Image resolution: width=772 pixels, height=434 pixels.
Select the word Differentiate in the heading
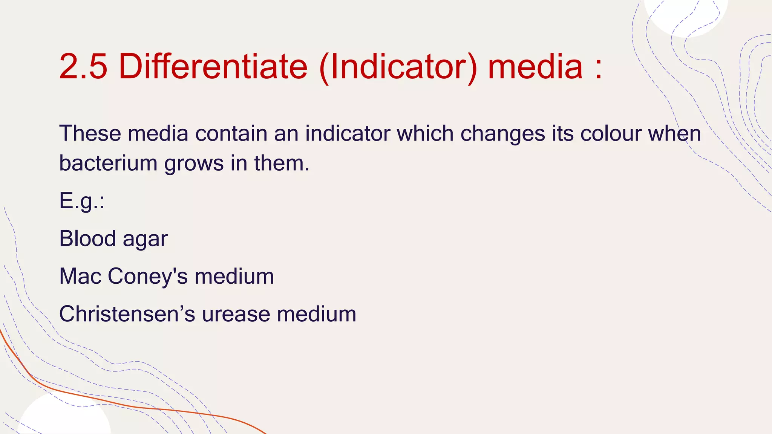pyautogui.click(x=213, y=67)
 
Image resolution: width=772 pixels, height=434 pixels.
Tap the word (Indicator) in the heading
pyautogui.click(x=398, y=67)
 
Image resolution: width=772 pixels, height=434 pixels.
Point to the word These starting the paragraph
pyautogui.click(x=90, y=133)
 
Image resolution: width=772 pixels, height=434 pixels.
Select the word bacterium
pyautogui.click(x=108, y=164)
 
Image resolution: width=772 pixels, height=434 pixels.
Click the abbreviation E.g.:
pyautogui.click(x=81, y=201)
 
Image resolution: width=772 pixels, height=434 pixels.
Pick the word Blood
pyautogui.click(x=87, y=238)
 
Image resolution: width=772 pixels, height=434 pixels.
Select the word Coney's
pyautogui.click(x=147, y=277)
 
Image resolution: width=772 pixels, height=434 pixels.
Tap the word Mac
pyautogui.click(x=80, y=276)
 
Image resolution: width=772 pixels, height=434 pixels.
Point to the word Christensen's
pyautogui.click(x=127, y=314)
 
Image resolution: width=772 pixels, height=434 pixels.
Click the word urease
pyautogui.click(x=236, y=315)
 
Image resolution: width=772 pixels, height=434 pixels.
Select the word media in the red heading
pyautogui.click(x=535, y=67)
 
